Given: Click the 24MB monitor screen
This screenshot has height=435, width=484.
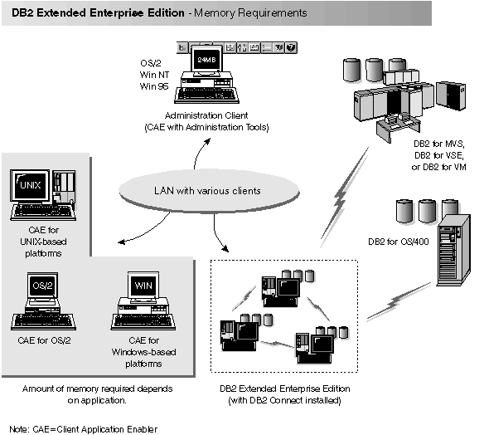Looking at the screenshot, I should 205,61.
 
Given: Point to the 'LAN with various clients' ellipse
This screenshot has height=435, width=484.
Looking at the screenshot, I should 195,191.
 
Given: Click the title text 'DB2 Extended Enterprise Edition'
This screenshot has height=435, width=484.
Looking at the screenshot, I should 86,13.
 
